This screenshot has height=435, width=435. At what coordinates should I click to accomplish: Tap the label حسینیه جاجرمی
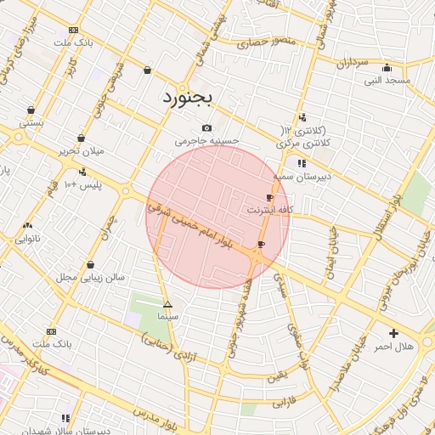207,142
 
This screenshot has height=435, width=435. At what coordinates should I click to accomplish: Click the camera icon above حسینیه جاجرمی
206,128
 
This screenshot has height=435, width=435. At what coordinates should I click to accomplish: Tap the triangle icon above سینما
167,303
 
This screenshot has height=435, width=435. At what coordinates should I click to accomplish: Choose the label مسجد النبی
387,81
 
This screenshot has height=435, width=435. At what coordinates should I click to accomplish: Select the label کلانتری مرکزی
303,146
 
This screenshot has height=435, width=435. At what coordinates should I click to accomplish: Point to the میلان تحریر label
81,150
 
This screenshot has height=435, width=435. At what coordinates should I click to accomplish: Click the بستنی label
31,122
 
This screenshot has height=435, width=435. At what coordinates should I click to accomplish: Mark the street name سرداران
349,64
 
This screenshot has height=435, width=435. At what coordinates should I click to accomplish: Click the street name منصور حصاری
264,41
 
